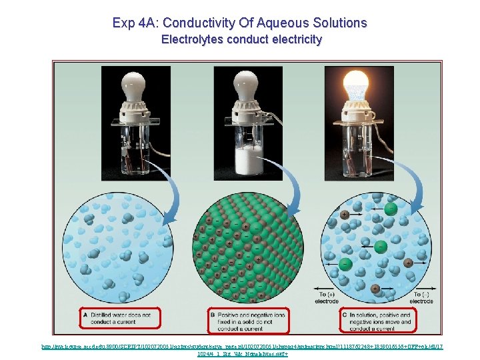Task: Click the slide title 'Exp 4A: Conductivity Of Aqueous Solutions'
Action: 239,23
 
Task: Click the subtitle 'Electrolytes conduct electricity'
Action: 241,39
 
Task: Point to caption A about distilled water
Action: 120,317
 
